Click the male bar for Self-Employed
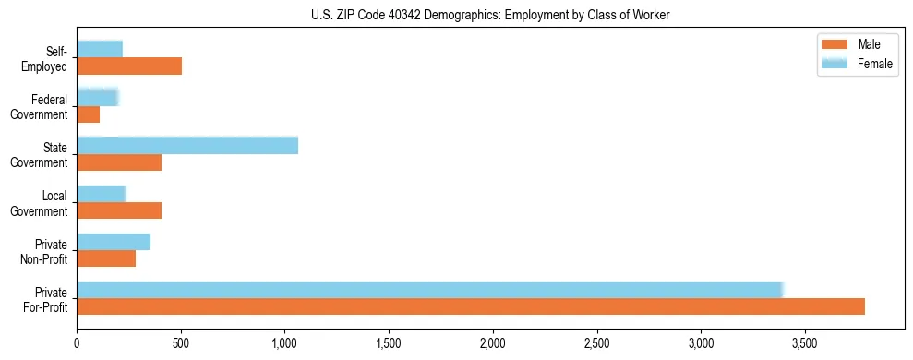click(x=129, y=66)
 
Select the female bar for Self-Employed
click(x=100, y=49)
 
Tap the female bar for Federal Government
click(x=98, y=97)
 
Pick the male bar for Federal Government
click(x=89, y=114)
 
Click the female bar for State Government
click(x=187, y=145)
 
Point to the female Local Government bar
click(x=101, y=193)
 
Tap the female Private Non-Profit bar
click(x=114, y=242)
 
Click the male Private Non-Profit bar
click(x=106, y=258)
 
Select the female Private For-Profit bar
click(x=430, y=290)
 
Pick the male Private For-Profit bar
click(x=471, y=306)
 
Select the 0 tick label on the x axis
click(x=77, y=344)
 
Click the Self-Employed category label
click(x=50, y=58)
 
